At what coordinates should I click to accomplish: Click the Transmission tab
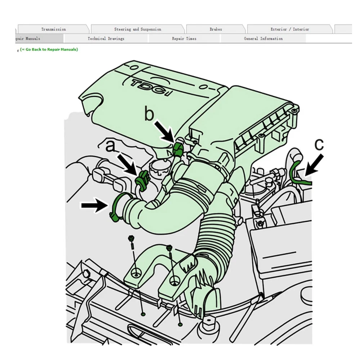[53, 29]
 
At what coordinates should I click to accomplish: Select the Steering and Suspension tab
[138, 29]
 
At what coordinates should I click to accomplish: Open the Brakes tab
[216, 29]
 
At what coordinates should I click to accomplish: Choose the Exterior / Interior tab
[289, 29]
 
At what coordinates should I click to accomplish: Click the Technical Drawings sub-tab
[106, 39]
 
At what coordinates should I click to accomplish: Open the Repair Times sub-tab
[184, 39]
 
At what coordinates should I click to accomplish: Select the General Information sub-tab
[263, 39]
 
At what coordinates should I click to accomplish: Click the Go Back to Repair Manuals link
[49, 49]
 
